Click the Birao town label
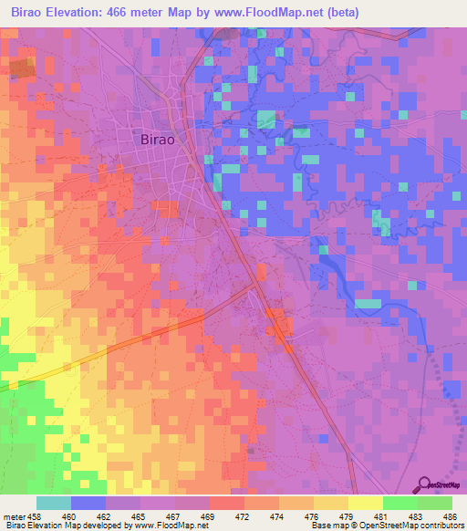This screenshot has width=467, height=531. pyautogui.click(x=158, y=140)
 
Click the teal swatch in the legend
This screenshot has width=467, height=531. pyautogui.click(x=53, y=503)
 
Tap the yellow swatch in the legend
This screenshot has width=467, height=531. pyautogui.click(x=365, y=503)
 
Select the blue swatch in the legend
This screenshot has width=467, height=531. pyautogui.click(x=88, y=503)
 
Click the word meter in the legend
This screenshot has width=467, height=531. pyautogui.click(x=15, y=515)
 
